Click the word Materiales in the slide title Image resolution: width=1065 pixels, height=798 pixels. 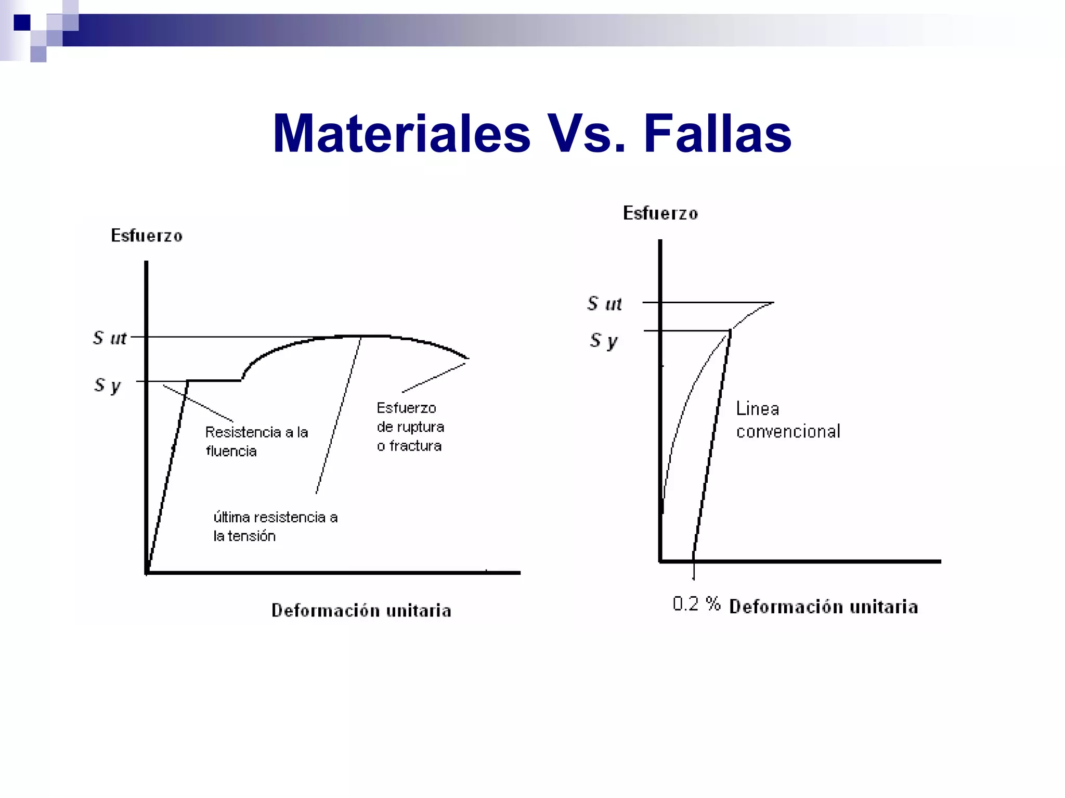point(401,134)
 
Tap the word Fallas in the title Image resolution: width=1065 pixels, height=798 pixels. point(717,134)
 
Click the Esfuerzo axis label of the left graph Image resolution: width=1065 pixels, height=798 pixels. point(147,236)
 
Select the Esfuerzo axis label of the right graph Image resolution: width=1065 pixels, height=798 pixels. point(660,213)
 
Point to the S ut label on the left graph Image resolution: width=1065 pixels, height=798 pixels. point(110,338)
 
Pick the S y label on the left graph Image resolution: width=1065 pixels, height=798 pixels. point(108,385)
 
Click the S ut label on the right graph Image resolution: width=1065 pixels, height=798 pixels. point(604,304)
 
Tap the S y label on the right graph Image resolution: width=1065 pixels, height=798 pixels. point(604,341)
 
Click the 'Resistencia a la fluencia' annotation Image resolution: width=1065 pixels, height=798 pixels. point(256,441)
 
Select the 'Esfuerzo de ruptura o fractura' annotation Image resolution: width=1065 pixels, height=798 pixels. point(410,427)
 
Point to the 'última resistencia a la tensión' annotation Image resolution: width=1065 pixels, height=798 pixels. point(275,526)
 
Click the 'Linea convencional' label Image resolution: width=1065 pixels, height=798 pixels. point(787,420)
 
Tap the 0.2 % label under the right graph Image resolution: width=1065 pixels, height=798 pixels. point(696,604)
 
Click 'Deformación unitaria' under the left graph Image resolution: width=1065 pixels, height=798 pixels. point(361,610)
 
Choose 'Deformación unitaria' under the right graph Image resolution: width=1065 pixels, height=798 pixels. point(823,607)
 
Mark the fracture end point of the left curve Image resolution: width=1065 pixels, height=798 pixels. point(468,358)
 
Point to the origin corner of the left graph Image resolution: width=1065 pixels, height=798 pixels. point(147,572)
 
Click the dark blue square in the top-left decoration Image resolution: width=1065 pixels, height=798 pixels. point(22,22)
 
